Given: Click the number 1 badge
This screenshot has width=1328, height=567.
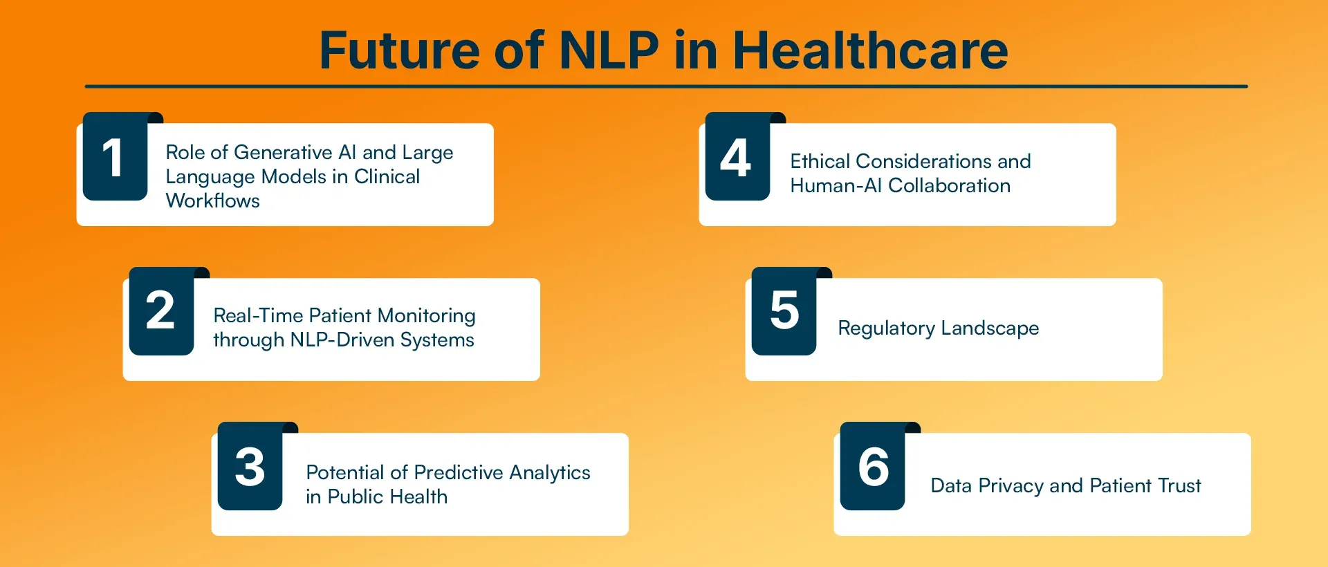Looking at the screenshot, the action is (115, 157).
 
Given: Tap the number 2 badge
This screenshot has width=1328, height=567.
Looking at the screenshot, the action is (161, 311).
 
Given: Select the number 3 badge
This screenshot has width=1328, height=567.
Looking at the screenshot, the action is (250, 467).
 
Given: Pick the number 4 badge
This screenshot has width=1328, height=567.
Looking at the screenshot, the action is (737, 157).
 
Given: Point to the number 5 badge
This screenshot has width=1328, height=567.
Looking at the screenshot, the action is (784, 311).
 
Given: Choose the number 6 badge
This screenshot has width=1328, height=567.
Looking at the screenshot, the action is (872, 467).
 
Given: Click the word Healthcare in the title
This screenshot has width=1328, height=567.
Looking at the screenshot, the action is (870, 50).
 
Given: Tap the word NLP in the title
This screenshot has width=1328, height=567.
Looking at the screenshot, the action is (609, 50).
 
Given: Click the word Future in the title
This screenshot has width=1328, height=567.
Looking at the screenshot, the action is (399, 50).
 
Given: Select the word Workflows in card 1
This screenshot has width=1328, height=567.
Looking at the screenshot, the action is (213, 201).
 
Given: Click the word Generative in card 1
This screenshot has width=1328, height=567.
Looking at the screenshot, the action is (284, 152).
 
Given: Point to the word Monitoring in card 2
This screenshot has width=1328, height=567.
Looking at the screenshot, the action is (427, 316).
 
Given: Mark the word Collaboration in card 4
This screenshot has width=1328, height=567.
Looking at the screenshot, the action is (949, 185).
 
